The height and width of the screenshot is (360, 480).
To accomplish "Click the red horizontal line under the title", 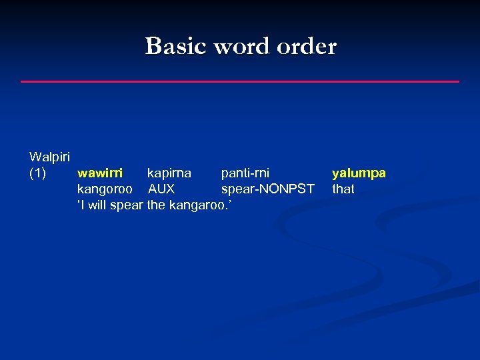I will pyautogui.click(x=240, y=81).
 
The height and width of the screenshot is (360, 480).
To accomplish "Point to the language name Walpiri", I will pyautogui.click(x=50, y=157).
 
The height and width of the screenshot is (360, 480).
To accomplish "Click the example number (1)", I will pyautogui.click(x=38, y=173).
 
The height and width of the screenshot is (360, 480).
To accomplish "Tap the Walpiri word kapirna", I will pyautogui.click(x=169, y=173).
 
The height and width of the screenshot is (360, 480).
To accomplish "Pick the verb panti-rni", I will pyautogui.click(x=245, y=173).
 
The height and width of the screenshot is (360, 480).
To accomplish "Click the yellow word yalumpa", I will pyautogui.click(x=359, y=173).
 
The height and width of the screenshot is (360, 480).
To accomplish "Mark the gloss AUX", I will pyautogui.click(x=161, y=189).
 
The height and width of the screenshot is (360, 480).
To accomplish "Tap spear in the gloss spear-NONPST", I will pyautogui.click(x=237, y=189).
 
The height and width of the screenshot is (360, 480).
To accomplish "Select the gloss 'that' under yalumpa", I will pyautogui.click(x=343, y=189).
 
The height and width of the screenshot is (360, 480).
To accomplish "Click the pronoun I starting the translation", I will pyautogui.click(x=83, y=205).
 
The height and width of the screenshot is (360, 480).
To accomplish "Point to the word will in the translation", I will pyautogui.click(x=97, y=205).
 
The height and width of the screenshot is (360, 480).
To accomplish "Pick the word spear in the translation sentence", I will pyautogui.click(x=127, y=205).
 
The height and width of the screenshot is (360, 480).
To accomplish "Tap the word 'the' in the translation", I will pyautogui.click(x=156, y=205).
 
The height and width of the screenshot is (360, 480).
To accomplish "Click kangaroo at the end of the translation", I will pyautogui.click(x=196, y=205).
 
